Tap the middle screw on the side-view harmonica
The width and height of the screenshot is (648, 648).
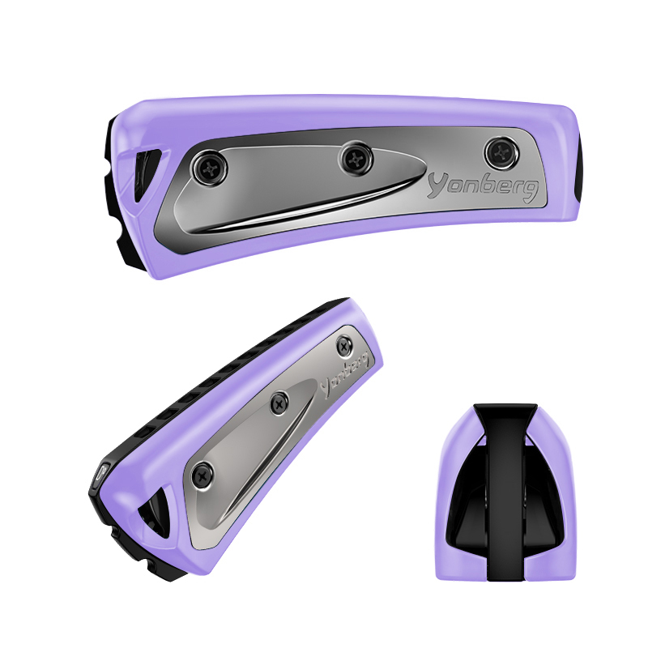(x=356, y=158)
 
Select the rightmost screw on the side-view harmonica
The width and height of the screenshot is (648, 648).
(x=501, y=154)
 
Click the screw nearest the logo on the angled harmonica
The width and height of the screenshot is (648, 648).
(x=344, y=346)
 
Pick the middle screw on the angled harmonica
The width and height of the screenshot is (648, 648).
(x=279, y=403)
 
